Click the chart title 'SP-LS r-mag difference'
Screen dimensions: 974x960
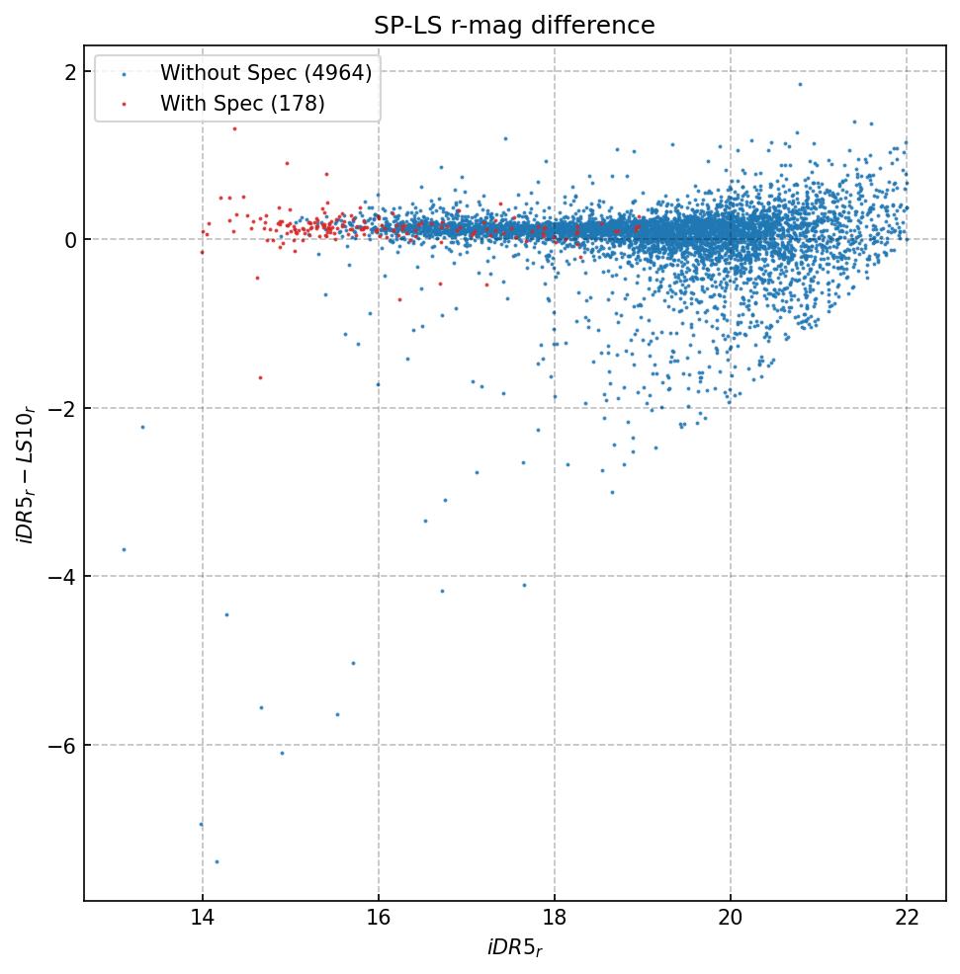[x=514, y=26]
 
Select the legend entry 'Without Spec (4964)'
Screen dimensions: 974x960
[x=265, y=73]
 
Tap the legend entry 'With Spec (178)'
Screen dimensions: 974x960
[x=242, y=103]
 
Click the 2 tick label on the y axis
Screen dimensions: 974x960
[x=70, y=72]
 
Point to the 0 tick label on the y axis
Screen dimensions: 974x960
[x=70, y=240]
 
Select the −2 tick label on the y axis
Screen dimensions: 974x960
[x=63, y=408]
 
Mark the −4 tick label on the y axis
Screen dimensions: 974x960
[x=63, y=577]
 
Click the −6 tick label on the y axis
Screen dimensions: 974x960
[x=63, y=745]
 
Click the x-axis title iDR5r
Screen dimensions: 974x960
[x=514, y=949]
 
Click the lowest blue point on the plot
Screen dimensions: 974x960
[x=217, y=861]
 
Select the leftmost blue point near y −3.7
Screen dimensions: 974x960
[x=124, y=549]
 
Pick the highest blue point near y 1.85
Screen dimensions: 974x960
[x=800, y=84]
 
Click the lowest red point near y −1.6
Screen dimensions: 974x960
[x=260, y=377]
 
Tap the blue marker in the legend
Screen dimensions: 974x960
[x=124, y=74]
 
